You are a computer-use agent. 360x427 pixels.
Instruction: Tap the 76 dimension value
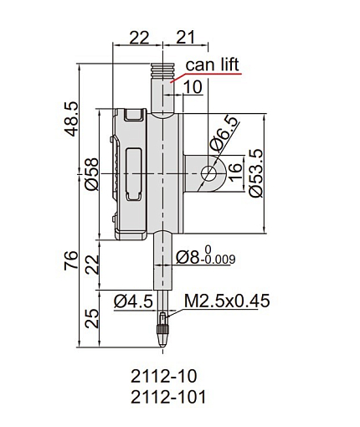[71, 260]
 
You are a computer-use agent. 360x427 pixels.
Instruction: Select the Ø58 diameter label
[91, 174]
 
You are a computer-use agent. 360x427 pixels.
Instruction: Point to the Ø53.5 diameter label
[255, 173]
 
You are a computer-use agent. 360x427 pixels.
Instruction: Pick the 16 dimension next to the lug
[234, 172]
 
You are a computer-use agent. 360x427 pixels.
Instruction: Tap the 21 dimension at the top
[186, 37]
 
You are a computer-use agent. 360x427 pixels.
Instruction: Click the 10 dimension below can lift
[193, 87]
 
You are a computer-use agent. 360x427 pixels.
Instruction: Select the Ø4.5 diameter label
[133, 301]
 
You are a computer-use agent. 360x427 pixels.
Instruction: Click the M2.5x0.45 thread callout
[227, 301]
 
